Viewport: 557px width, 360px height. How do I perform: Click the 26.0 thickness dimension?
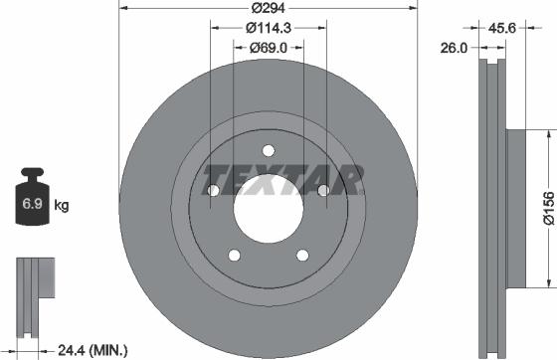(454, 46)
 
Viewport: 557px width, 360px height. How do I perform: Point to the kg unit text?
(62, 207)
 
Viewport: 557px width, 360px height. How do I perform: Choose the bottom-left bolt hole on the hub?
(233, 256)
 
